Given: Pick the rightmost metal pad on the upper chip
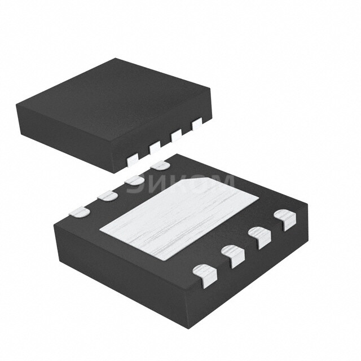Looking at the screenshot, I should (x=196, y=124).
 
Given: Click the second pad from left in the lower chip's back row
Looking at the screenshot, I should (x=107, y=196).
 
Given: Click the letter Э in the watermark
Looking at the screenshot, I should (x=134, y=185).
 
